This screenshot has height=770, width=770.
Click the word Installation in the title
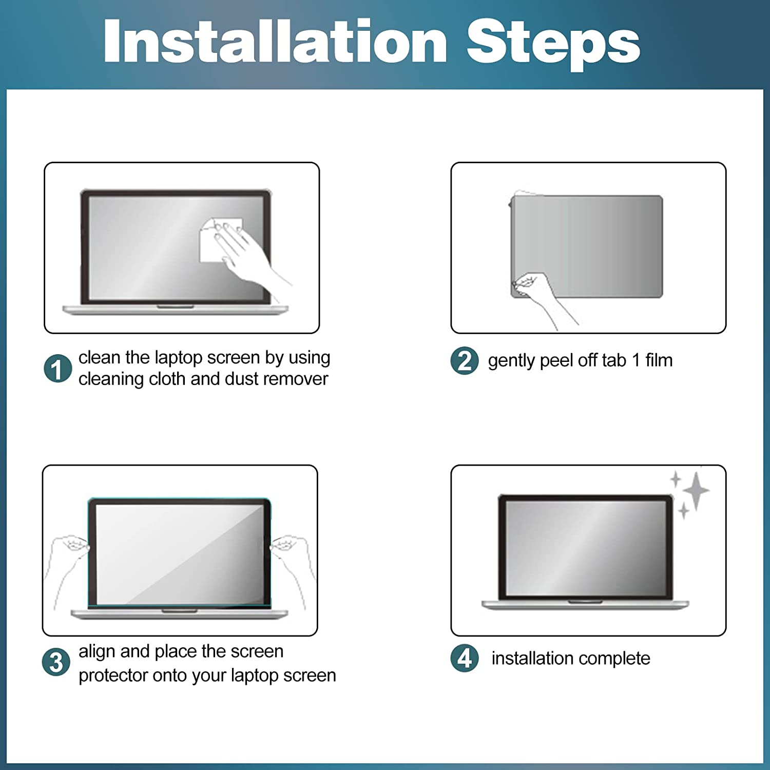(x=276, y=41)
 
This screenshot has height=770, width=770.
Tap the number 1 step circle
(x=57, y=369)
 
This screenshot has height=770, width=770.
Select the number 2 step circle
(x=465, y=360)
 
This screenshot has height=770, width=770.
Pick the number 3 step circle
(x=56, y=662)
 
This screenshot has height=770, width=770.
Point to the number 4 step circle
(x=465, y=658)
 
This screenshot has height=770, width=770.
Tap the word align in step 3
(x=97, y=652)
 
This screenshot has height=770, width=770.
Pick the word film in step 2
(x=659, y=360)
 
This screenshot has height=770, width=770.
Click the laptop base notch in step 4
(x=585, y=602)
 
